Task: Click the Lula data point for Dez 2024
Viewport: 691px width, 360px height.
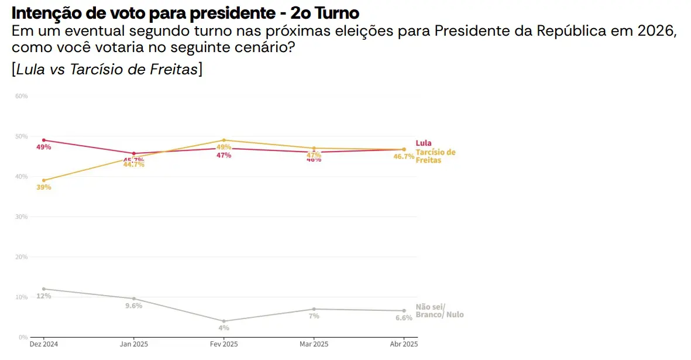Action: (44, 140)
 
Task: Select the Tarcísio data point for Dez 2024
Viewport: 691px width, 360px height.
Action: (44, 180)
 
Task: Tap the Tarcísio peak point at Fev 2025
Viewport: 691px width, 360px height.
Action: (224, 140)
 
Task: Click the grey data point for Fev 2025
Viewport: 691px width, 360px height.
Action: (224, 321)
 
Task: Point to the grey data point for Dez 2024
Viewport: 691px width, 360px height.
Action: (44, 289)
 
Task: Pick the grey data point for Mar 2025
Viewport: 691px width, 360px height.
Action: (314, 309)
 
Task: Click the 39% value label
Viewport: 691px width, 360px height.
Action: (44, 187)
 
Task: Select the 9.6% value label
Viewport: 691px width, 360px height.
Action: (133, 306)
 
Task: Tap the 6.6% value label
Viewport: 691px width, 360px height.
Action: (404, 318)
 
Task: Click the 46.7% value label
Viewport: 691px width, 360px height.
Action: (404, 156)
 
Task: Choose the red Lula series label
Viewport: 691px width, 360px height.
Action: (424, 143)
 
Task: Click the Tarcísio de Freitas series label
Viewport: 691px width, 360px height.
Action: (435, 156)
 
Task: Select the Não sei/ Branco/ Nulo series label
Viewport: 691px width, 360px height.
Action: (439, 311)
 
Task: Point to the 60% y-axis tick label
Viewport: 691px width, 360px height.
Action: (22, 96)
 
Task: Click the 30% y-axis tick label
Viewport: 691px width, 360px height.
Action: (22, 217)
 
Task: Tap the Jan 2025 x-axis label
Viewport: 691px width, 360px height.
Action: (134, 344)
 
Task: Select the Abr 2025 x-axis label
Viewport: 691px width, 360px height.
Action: (404, 344)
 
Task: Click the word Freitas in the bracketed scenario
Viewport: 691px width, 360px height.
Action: (172, 69)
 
